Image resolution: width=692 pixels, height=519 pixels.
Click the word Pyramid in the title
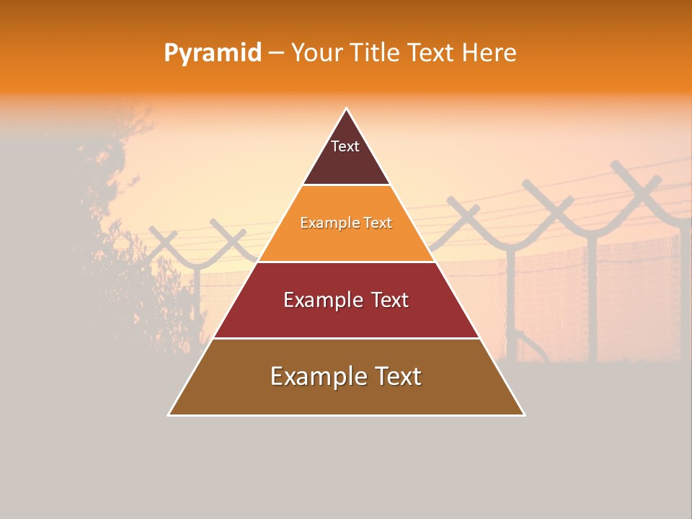click(212, 53)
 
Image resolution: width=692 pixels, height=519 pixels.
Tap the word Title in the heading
click(378, 53)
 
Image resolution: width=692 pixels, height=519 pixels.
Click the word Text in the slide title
click(432, 53)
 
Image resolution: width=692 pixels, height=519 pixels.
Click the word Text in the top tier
click(345, 146)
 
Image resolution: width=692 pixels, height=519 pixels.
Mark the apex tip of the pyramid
click(347, 109)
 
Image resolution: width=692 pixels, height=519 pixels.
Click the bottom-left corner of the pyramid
click(169, 414)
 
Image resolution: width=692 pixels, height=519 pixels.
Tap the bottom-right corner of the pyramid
click(524, 414)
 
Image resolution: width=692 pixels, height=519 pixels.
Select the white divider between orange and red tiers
click(347, 262)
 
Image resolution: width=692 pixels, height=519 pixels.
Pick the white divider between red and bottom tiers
click(347, 338)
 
